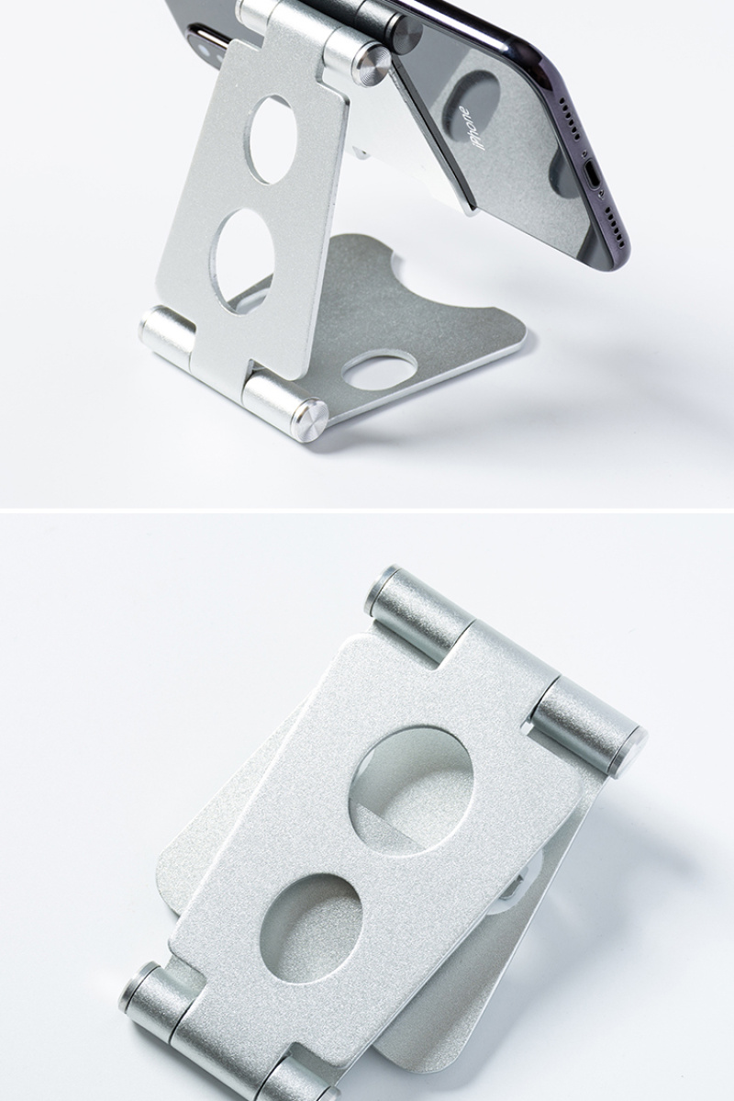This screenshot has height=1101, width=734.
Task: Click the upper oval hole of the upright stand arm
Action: point(272,140)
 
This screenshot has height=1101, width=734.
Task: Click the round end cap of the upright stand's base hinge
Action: point(309,421)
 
